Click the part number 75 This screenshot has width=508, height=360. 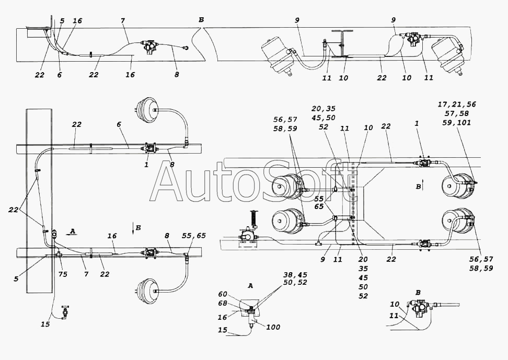[63, 274]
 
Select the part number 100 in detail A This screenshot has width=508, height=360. [273, 327]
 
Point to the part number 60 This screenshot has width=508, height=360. [223, 294]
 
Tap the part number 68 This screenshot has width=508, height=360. [223, 304]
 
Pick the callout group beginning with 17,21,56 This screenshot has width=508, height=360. [457, 113]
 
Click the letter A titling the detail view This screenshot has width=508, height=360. [250, 286]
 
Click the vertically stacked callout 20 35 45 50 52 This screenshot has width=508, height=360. [363, 277]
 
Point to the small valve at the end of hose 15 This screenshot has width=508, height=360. [65, 312]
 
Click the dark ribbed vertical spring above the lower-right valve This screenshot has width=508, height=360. [253, 219]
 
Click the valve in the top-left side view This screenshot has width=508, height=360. [149, 46]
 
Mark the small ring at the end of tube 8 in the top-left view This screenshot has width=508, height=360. [186, 48]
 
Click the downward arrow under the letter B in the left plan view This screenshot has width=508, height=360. [133, 227]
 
